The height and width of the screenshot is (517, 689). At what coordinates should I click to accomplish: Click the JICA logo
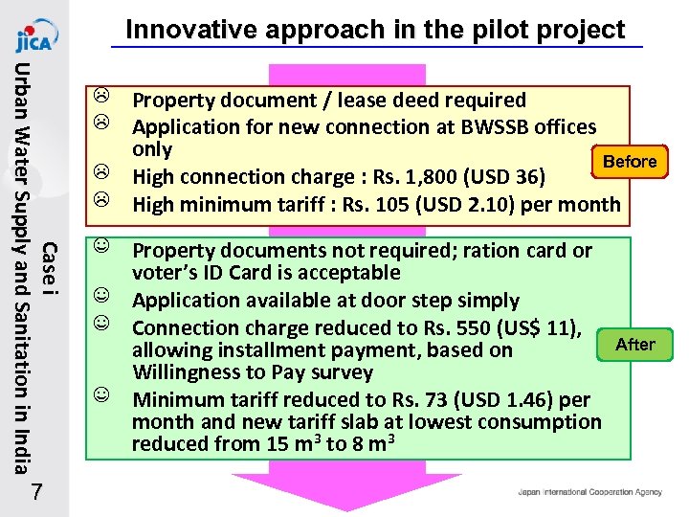[x=34, y=36]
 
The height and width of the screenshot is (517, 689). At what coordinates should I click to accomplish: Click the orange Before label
[x=629, y=161]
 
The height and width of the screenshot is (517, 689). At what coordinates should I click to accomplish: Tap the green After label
[x=634, y=344]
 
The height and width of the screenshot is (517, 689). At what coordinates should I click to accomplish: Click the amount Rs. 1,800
[x=407, y=177]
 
